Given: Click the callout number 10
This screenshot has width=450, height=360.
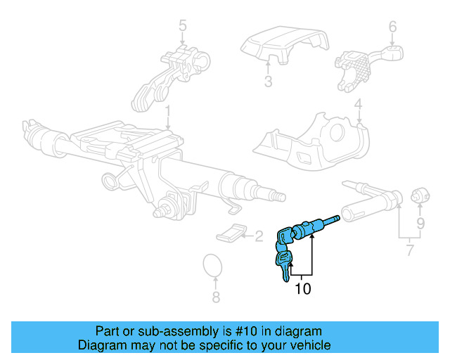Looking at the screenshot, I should click(x=302, y=288).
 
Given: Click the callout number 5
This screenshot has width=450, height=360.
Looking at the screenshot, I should click(x=183, y=27).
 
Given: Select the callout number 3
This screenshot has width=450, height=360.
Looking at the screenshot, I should click(x=268, y=82).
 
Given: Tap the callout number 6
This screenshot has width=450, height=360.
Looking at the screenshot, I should click(x=358, y=106).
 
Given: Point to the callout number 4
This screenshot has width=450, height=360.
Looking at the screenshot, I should click(x=358, y=106).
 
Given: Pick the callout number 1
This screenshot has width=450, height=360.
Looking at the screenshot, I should click(x=168, y=112).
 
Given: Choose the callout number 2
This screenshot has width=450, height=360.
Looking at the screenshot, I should click(x=258, y=236).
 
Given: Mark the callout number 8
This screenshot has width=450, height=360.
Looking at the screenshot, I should click(x=216, y=297).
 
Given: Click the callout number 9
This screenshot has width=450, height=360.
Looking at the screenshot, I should click(x=420, y=225).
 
